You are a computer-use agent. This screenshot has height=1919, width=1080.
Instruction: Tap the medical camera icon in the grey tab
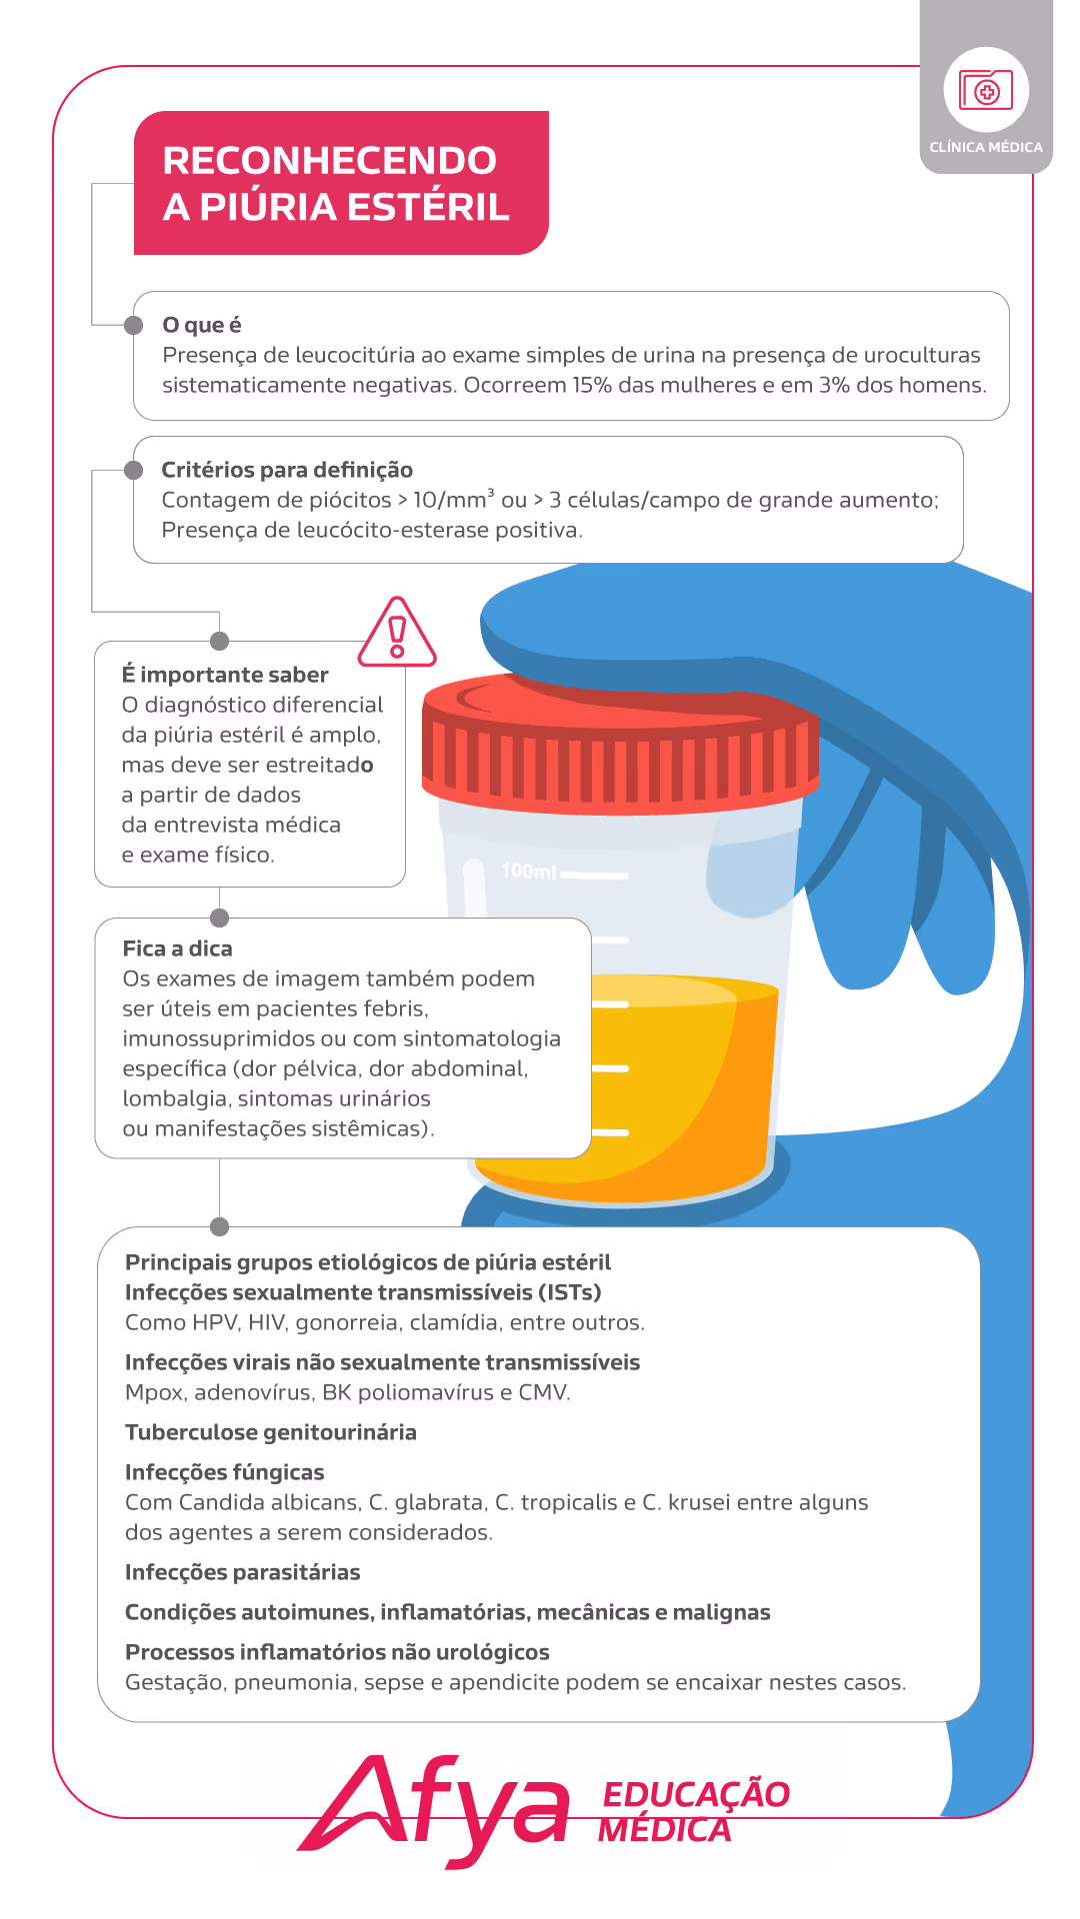tap(986, 90)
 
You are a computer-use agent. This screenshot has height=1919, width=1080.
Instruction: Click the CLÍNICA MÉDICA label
tap(986, 147)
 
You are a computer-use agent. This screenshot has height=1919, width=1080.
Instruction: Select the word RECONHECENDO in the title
tap(329, 160)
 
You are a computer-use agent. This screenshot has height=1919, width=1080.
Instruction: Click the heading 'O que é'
tap(202, 325)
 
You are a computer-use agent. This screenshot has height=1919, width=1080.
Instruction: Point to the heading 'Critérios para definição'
tap(287, 470)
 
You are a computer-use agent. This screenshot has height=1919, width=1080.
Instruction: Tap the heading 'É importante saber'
tap(225, 675)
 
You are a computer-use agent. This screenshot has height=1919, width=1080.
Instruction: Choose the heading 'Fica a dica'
tap(177, 949)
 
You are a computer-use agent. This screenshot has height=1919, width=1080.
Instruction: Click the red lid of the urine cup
tap(620, 740)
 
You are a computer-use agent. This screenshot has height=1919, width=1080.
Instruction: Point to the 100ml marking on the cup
tap(528, 871)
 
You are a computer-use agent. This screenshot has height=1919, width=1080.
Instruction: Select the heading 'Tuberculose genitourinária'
tap(271, 1432)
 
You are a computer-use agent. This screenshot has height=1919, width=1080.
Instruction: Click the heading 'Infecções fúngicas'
tap(224, 1472)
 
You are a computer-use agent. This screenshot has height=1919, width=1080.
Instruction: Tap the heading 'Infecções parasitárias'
tap(242, 1572)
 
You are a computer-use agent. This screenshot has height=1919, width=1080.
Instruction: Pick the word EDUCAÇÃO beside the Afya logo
tap(696, 1793)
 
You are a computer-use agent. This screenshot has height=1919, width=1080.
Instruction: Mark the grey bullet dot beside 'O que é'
tap(133, 325)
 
